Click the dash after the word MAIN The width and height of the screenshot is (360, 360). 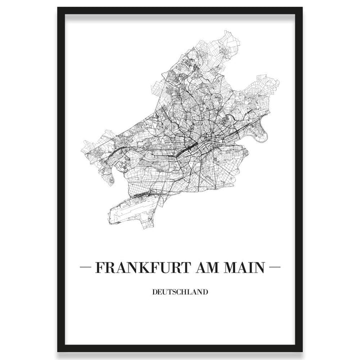pos(274,268)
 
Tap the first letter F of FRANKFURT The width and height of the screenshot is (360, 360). pos(99,268)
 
